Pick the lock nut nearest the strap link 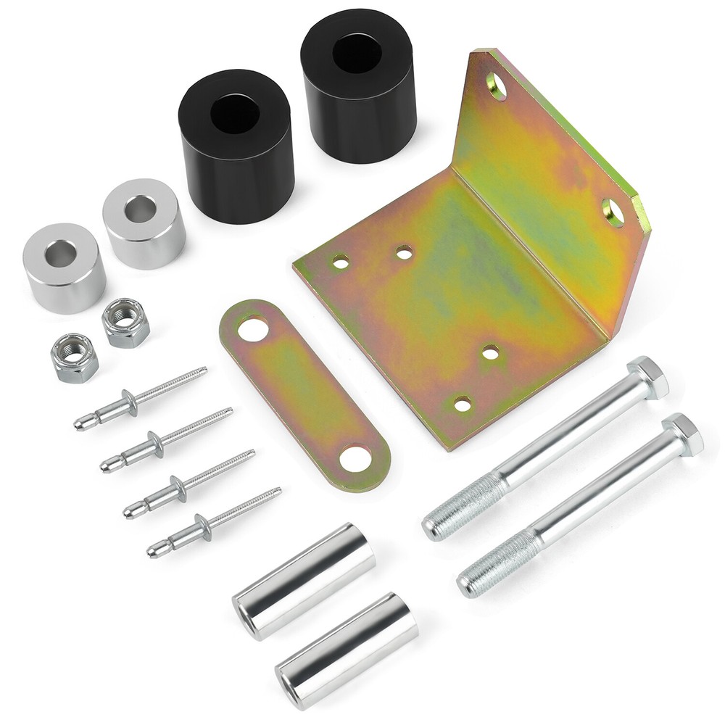125,323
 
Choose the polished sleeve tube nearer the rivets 303,580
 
